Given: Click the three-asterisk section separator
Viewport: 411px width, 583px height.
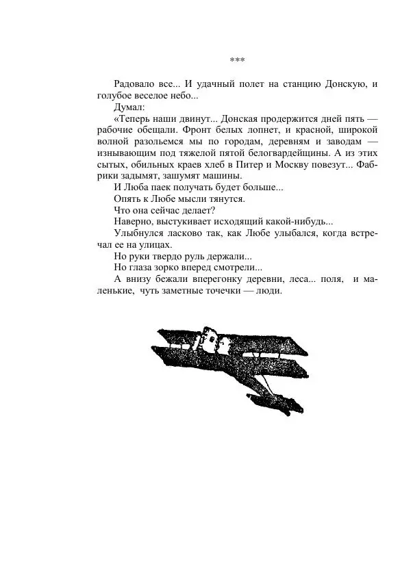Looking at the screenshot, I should [x=238, y=60].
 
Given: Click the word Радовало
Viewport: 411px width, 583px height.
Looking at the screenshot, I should [x=136, y=84].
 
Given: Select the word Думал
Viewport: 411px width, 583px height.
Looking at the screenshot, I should [x=129, y=107].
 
